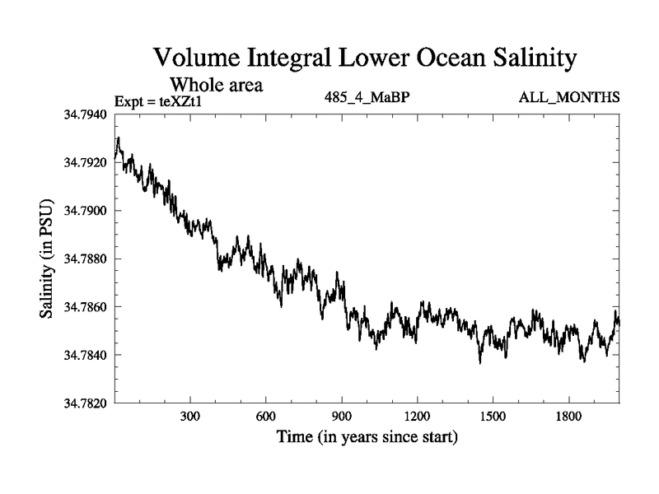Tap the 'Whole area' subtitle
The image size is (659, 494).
coord(216,85)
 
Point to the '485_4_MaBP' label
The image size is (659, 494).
coord(367,97)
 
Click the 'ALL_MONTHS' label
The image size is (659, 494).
coord(569,97)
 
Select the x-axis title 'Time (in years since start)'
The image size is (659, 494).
coord(367,436)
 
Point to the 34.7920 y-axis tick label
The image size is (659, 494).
coord(84,163)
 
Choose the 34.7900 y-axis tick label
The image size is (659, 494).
coord(84,211)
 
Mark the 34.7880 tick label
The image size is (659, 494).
coord(84,259)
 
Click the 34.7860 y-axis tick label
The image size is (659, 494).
coord(84,306)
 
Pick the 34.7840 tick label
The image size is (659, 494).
coord(84,355)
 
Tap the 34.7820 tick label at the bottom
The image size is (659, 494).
coord(84,403)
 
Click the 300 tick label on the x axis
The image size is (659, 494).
coord(190,417)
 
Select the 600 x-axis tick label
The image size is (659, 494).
coord(266,417)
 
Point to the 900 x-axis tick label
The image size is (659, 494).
coord(342,417)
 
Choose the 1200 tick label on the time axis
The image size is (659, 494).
coord(417,417)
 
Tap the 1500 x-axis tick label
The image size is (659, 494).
coord(493,417)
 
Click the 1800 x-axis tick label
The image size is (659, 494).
coord(568,417)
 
